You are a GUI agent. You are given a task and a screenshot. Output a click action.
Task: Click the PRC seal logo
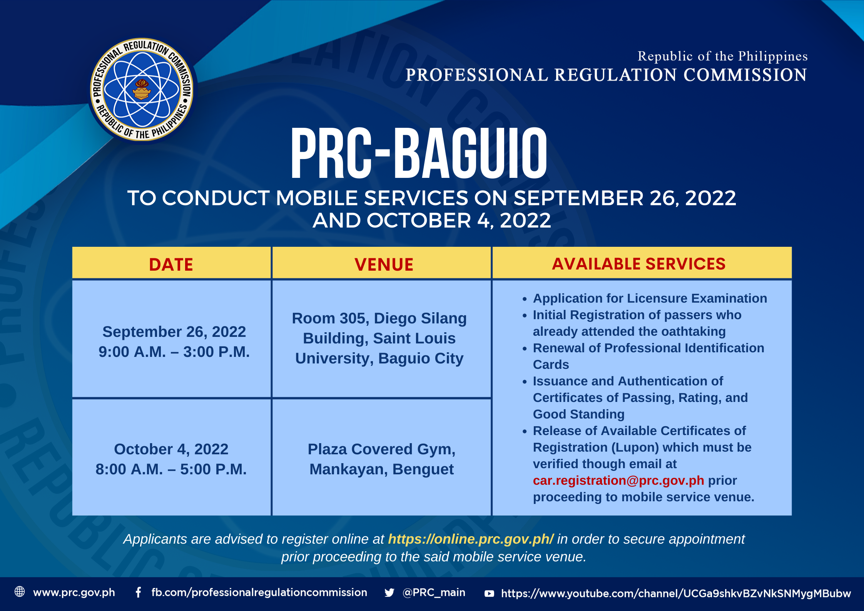(142, 89)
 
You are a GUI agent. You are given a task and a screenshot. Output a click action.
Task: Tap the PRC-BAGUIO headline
(419, 153)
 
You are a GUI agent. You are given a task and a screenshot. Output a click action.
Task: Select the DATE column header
(171, 264)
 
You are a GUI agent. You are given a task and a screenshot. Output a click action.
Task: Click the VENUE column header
(384, 264)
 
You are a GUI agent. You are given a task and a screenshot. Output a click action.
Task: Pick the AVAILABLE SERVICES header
(638, 264)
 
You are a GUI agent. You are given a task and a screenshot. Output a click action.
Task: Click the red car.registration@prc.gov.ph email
(618, 480)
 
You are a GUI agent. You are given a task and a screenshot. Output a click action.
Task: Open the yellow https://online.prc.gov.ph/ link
(471, 539)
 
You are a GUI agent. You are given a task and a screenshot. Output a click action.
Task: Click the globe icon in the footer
(20, 591)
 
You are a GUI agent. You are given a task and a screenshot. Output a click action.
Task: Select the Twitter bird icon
(389, 593)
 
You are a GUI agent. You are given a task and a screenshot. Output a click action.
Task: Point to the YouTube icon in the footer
(489, 593)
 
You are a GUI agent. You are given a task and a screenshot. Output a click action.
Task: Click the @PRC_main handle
(434, 592)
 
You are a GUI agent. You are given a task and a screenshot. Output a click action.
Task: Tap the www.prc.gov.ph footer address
(74, 593)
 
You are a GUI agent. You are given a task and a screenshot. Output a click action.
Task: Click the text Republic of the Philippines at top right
(722, 56)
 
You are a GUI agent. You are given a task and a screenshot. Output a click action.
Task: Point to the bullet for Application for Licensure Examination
(525, 299)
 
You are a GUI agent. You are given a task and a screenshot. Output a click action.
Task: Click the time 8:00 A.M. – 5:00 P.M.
(171, 469)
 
